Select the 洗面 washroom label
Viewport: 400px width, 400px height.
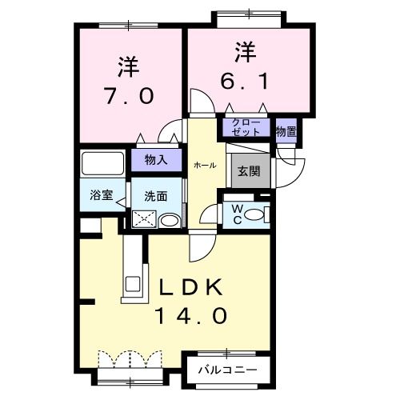pos(155,194)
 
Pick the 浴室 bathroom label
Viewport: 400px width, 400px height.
pos(100,194)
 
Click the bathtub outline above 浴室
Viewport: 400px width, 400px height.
pos(104,165)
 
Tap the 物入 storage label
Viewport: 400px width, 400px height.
pos(155,160)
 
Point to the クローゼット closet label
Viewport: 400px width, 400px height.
pos(246,127)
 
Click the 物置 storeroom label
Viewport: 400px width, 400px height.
pos(286,130)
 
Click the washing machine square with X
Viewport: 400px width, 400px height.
pos(144,218)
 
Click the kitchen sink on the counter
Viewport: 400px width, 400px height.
pos(131,282)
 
